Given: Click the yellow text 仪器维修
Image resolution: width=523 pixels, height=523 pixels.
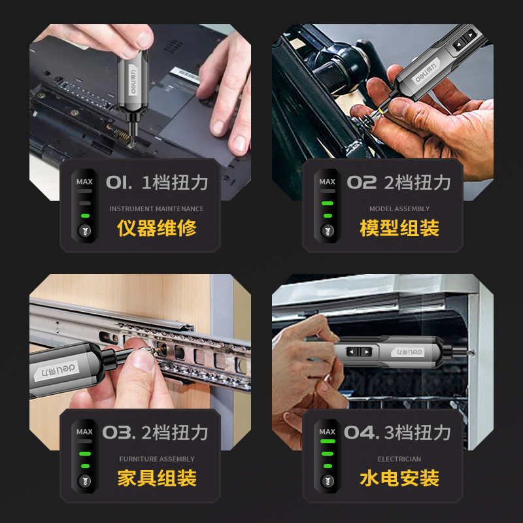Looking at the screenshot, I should point(156,228).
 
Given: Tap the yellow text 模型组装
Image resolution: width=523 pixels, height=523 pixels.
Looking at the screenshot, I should point(399,228).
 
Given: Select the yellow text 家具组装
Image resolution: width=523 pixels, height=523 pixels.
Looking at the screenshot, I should point(156,478).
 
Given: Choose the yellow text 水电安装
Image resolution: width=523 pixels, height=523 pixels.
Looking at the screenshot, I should point(399,478).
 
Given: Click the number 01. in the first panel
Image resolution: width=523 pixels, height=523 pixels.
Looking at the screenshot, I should point(119,182).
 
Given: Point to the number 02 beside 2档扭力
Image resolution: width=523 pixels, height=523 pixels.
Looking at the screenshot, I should point(362,182).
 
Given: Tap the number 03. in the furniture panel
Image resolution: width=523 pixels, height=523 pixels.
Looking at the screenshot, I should point(119,432).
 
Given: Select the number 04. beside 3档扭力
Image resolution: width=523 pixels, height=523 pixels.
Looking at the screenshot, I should point(362,432).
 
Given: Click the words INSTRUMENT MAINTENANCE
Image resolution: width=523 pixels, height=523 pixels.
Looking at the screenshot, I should point(156,209).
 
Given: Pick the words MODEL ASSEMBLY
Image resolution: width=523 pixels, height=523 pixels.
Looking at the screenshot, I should point(399,209).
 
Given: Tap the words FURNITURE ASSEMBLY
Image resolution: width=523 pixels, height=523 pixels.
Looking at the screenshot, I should point(156,459).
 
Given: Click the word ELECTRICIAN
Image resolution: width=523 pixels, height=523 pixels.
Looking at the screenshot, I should point(399,459).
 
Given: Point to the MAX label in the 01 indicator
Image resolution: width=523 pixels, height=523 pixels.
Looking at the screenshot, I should point(84,182).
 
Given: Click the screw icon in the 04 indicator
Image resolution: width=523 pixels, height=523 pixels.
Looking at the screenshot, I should point(328,481).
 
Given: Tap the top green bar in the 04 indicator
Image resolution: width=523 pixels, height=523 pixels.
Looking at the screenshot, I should point(328,441).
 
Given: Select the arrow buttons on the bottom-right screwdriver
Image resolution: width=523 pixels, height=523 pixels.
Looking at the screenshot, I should point(359,352).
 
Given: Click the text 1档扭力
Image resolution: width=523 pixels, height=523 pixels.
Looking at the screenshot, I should point(175,182).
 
